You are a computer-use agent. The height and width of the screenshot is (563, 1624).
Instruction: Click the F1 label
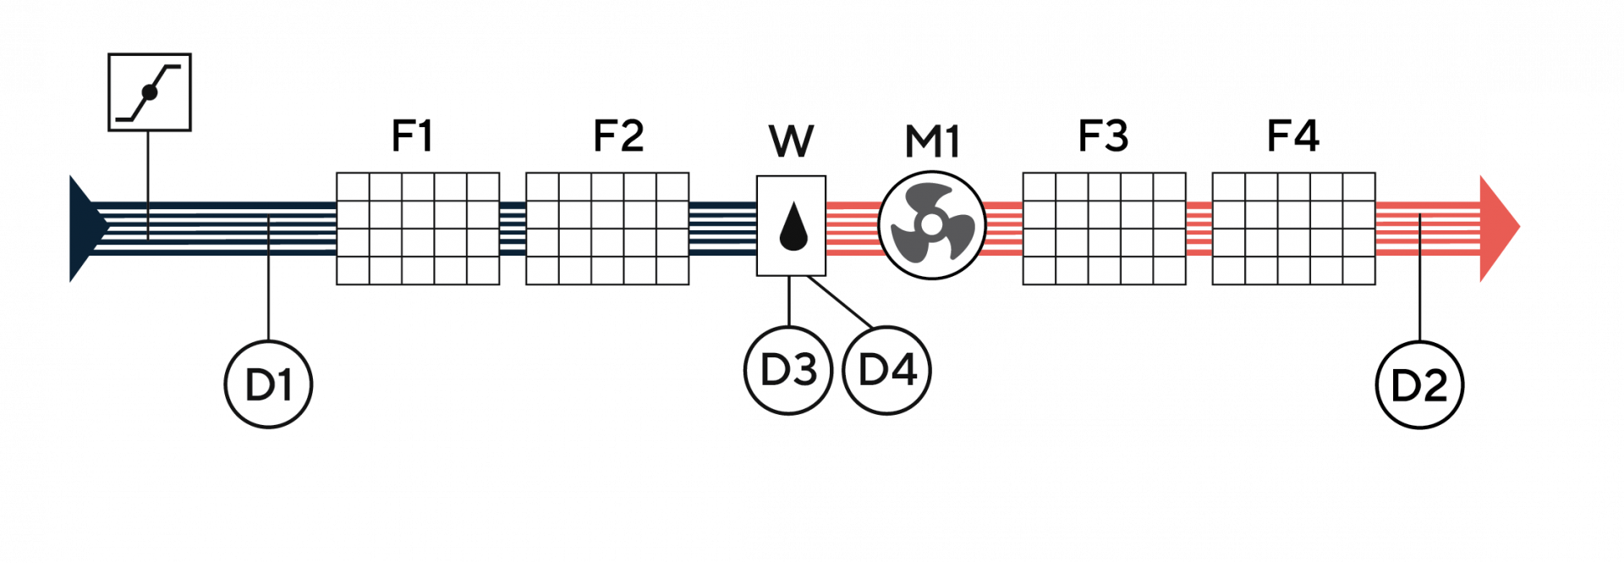(x=412, y=135)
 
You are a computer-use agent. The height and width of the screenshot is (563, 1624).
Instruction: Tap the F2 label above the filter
(x=618, y=135)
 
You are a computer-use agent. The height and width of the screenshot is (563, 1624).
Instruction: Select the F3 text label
(x=1103, y=135)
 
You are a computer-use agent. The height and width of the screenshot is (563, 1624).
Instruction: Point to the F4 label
(x=1292, y=135)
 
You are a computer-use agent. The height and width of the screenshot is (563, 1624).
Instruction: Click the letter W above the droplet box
(x=792, y=141)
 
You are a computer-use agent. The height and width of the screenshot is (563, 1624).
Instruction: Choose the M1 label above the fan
(x=932, y=141)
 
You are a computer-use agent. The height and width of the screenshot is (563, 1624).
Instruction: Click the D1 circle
(x=268, y=384)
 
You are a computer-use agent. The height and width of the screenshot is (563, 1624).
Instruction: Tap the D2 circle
(x=1420, y=384)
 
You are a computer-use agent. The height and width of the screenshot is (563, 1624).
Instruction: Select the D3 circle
(x=788, y=370)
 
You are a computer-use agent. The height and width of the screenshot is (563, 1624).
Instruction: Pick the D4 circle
(x=887, y=370)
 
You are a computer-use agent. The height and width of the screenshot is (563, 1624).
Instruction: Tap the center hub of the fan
(x=930, y=224)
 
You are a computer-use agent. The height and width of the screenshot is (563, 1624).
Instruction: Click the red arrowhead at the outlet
(x=1498, y=228)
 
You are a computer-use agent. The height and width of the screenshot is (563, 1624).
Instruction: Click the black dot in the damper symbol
(x=150, y=92)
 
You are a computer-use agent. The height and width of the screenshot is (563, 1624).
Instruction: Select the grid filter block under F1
(x=418, y=229)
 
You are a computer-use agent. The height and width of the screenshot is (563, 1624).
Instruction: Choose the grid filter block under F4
(x=1293, y=229)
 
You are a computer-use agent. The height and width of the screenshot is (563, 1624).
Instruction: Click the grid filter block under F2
(x=607, y=229)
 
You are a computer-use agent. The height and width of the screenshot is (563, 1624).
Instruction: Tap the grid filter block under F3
(x=1104, y=229)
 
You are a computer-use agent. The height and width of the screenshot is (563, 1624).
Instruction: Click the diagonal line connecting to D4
(x=840, y=301)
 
